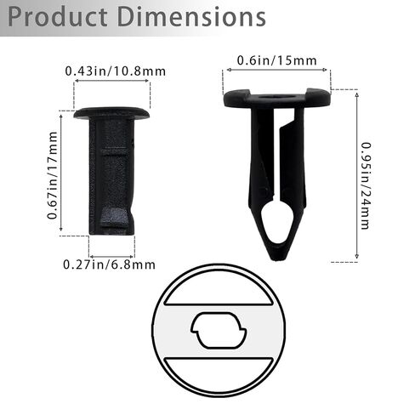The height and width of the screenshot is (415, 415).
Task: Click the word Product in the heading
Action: pyautogui.click(x=58, y=17)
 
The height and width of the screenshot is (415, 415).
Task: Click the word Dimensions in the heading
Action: pyautogui.click(x=191, y=17)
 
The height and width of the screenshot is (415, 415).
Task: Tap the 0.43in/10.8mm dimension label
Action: pyautogui.click(x=116, y=71)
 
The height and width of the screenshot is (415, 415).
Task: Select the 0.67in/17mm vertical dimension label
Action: pyautogui.click(x=53, y=175)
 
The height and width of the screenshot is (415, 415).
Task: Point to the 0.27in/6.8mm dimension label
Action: pyautogui.click(x=109, y=264)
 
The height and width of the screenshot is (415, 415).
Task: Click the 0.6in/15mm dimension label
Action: pyautogui.click(x=276, y=60)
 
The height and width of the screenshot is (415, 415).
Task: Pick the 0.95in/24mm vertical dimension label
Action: pyautogui.click(x=366, y=186)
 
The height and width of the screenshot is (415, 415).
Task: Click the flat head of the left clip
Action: pyautogui.click(x=111, y=113)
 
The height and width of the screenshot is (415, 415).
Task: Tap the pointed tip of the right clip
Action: pyautogui.click(x=277, y=257)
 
